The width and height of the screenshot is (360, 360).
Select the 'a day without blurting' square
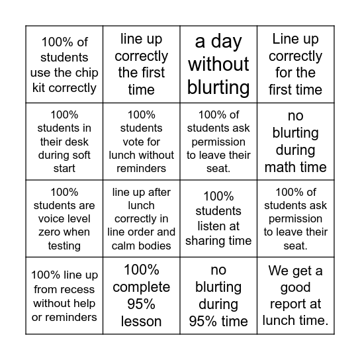tap(218, 64)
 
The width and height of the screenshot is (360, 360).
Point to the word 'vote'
tap(130, 142)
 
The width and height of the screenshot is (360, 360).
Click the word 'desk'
tap(79, 142)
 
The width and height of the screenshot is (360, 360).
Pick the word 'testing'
tap(64, 246)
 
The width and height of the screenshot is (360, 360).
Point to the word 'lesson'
tap(141, 322)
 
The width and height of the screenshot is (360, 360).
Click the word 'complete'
tap(141, 287)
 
